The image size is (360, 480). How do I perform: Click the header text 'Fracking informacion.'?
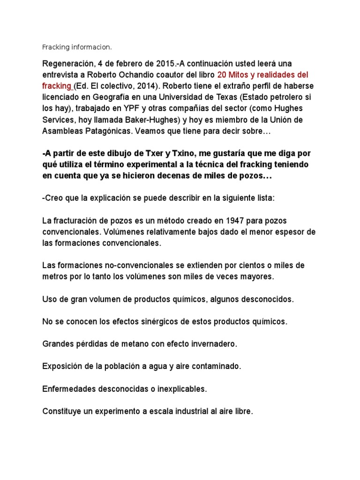[77, 47]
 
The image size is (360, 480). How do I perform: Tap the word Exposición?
[62, 367]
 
